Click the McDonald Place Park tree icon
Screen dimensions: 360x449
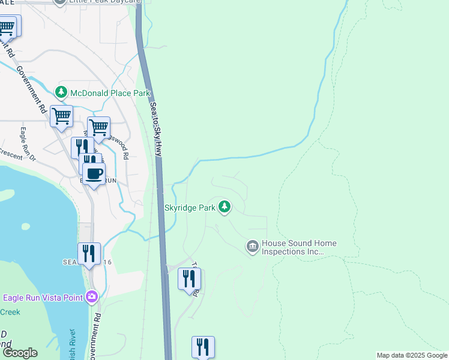61,92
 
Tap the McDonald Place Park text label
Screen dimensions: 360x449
110,93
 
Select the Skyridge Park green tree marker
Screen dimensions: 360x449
225,207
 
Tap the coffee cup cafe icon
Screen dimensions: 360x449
93,175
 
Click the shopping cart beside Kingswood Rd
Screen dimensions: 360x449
98,127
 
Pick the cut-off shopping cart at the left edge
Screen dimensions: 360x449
7,26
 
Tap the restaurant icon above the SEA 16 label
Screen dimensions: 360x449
89,253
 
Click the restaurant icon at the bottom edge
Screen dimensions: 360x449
203,347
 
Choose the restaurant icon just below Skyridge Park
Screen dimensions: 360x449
189,278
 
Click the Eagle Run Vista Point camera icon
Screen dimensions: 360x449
91,296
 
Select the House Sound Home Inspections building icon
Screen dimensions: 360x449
252,247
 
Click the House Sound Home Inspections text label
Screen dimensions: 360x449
298,247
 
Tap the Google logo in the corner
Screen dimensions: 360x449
20,353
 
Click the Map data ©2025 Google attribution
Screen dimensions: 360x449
412,355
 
